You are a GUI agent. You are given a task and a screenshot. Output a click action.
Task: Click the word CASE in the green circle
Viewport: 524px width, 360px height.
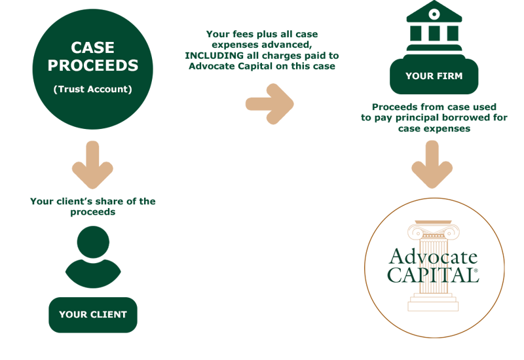pos(93,48)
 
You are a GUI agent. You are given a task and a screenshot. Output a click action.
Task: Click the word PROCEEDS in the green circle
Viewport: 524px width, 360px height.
pos(93,66)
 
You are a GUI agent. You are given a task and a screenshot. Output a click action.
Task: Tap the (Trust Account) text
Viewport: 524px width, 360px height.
pos(93,89)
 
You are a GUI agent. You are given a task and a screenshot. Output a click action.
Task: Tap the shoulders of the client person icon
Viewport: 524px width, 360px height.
pos(93,274)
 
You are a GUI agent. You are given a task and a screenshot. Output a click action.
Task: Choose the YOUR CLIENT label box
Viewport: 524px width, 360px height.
pos(93,314)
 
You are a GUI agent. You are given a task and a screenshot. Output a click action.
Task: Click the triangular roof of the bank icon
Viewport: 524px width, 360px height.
pos(434,12)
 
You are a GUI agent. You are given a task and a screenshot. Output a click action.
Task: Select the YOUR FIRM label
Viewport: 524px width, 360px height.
pos(434,77)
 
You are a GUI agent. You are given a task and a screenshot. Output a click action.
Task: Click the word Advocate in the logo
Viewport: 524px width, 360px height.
pos(433,257)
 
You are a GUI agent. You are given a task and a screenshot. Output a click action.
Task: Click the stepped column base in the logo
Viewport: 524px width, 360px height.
pos(433,303)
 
